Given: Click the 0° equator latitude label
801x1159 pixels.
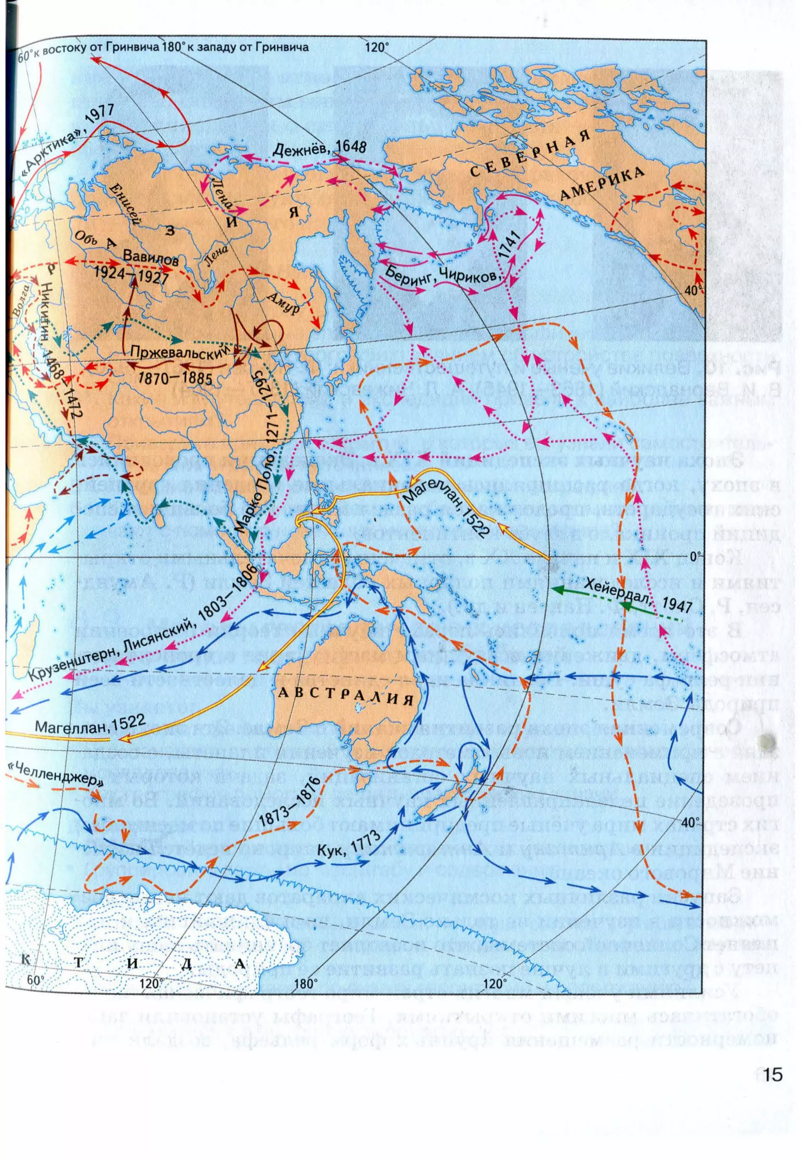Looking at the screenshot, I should (x=695, y=556).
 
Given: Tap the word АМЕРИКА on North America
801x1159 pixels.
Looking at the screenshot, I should (x=602, y=183).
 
